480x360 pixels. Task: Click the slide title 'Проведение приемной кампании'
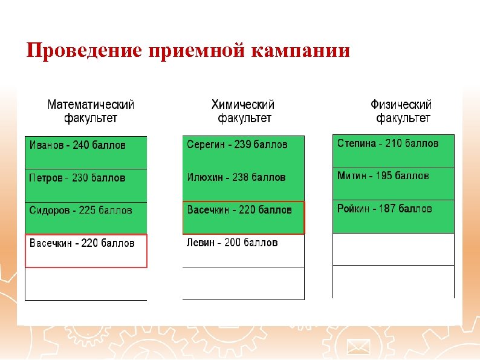188,51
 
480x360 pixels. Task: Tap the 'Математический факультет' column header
91,111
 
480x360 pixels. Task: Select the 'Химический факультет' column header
244,111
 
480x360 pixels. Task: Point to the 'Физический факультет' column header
402,111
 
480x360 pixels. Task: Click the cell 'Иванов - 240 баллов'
86,152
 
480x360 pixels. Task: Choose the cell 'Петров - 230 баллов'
86,185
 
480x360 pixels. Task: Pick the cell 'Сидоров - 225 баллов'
86,218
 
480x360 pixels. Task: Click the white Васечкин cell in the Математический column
86,250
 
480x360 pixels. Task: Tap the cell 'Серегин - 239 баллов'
244,152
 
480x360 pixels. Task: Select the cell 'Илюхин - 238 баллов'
244,185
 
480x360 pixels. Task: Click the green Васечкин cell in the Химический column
244,217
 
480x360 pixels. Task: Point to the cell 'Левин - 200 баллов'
244,250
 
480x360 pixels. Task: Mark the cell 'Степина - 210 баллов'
393,151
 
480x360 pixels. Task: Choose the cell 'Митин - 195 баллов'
393,183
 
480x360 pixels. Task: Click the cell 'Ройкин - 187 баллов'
393,216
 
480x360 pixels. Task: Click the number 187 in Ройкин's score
387,209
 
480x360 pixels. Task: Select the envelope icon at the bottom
358,347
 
